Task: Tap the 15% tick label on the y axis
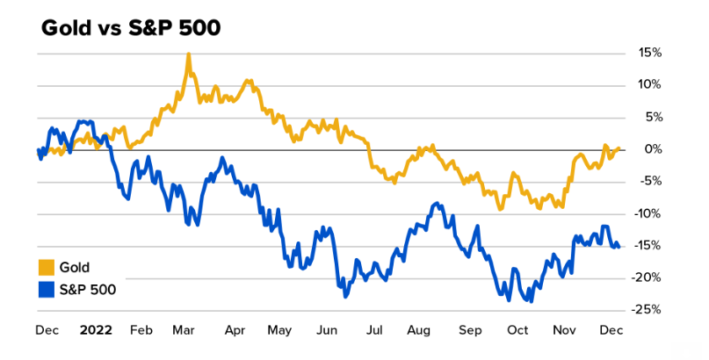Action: pos(650,53)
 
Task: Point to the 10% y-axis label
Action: pos(650,85)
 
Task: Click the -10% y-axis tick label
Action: pos(648,213)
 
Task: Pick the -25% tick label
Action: pos(648,309)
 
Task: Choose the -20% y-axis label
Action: pos(648,277)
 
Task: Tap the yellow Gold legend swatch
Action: pos(47,268)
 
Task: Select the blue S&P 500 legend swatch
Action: pos(47,288)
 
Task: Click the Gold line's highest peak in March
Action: pos(188,54)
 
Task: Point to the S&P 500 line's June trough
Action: pos(345,296)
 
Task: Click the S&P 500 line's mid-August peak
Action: pos(437,205)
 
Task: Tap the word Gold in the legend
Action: pos(76,268)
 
